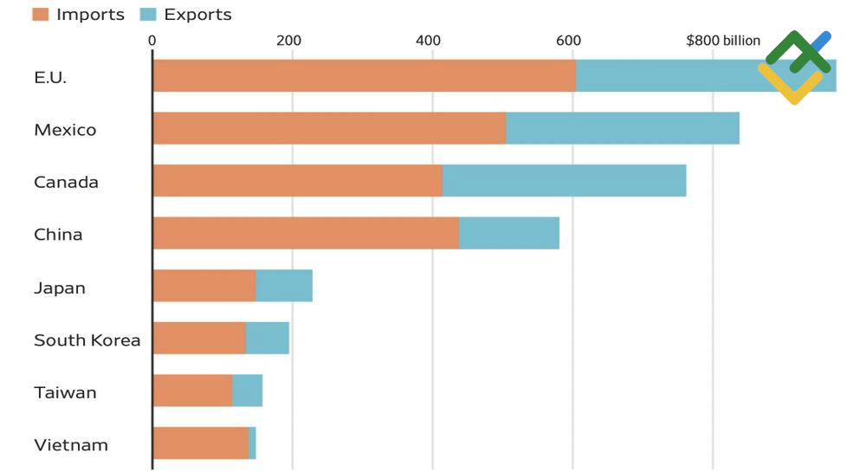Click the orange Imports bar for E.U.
click(x=364, y=76)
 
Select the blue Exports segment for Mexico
click(x=623, y=128)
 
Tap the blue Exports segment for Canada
click(x=564, y=181)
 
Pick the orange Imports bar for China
click(x=306, y=234)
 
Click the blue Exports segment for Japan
click(x=284, y=286)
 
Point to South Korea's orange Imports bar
click(x=199, y=339)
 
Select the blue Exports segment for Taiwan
click(x=247, y=391)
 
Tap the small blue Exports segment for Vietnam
click(x=252, y=443)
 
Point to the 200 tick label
click(x=288, y=41)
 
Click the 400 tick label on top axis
click(x=429, y=41)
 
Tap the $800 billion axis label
click(x=722, y=41)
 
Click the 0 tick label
click(x=152, y=41)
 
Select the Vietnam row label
click(x=71, y=445)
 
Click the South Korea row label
click(x=87, y=340)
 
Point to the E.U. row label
click(x=50, y=77)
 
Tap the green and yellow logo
click(x=795, y=67)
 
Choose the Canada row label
click(x=66, y=182)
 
